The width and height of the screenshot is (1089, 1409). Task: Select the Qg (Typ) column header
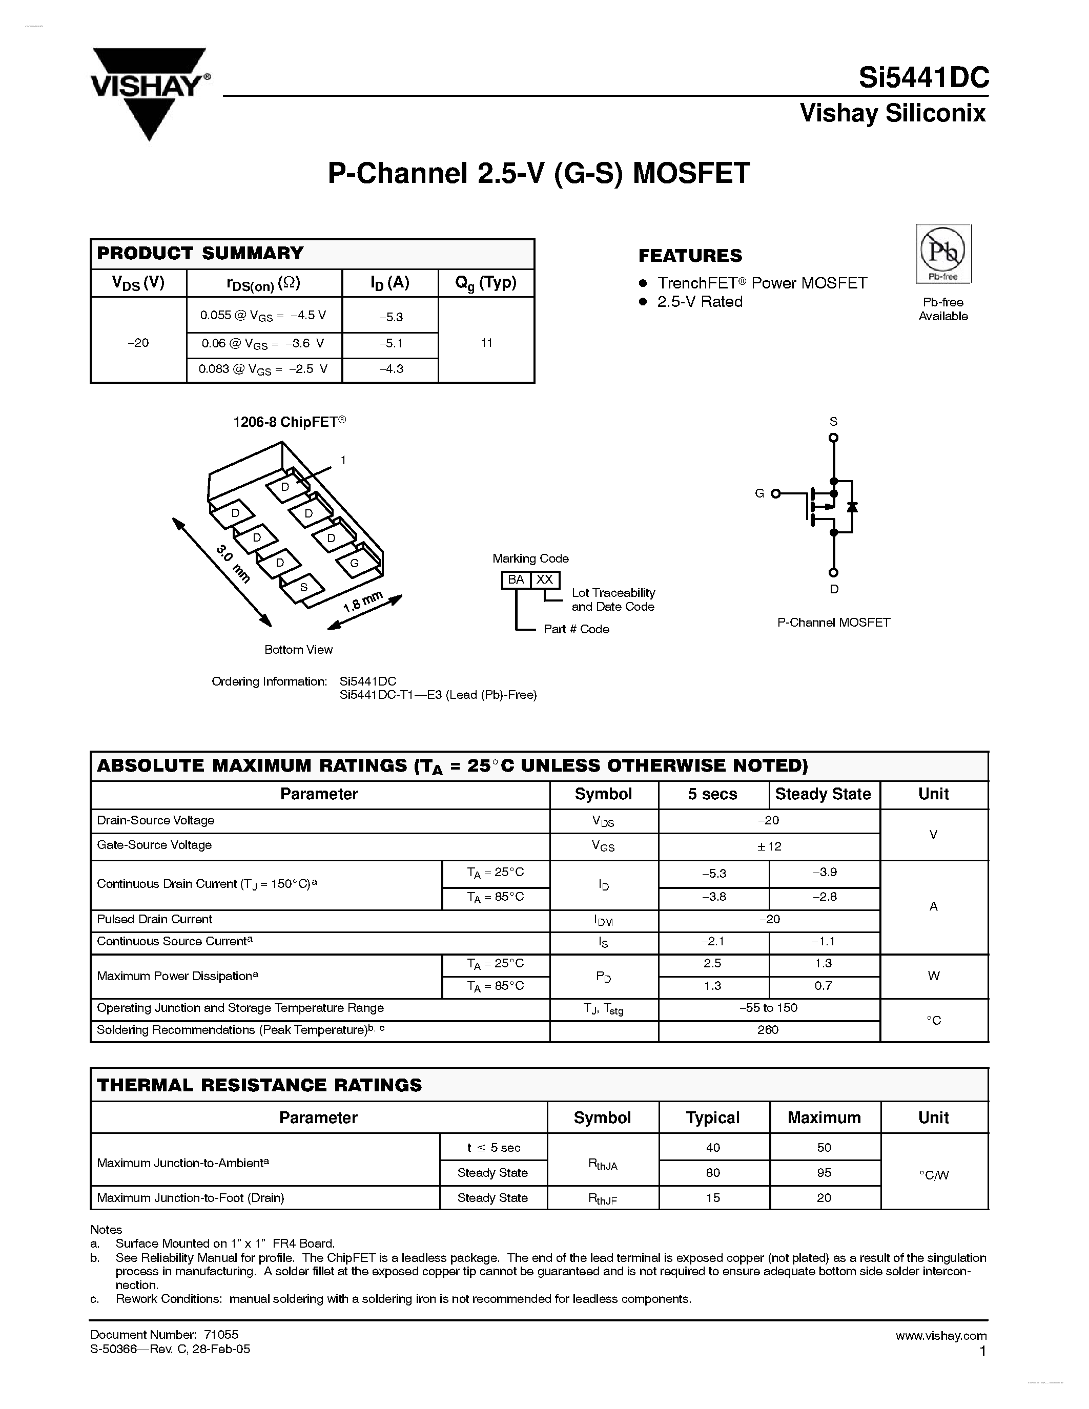click(486, 283)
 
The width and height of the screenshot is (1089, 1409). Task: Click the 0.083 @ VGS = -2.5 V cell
click(263, 369)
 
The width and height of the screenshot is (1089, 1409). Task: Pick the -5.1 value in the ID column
click(391, 344)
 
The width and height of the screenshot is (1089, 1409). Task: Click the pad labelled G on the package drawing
click(354, 563)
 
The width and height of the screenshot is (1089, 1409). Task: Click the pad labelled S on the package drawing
click(303, 587)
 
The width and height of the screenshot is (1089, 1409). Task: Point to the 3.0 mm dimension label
click(232, 563)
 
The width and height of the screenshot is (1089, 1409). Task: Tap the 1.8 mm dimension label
click(362, 602)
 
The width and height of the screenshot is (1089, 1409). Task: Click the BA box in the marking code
click(516, 579)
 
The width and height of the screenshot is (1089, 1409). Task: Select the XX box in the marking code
click(545, 579)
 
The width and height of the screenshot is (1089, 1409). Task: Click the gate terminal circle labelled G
click(775, 493)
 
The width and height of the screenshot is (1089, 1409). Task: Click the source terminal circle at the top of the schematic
click(833, 438)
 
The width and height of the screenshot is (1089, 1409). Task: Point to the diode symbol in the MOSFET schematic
click(852, 507)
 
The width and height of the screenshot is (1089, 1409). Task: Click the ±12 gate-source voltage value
click(769, 846)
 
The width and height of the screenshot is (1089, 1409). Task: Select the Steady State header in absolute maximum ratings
click(823, 794)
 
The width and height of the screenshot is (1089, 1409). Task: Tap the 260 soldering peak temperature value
click(768, 1030)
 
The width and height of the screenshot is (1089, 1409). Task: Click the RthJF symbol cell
click(603, 1198)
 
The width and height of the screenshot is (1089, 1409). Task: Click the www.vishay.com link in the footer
click(940, 1335)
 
